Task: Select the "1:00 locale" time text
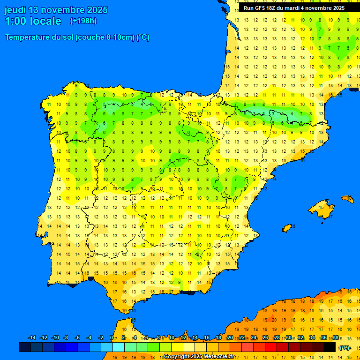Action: (x=33, y=21)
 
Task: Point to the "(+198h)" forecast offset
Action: (x=83, y=21)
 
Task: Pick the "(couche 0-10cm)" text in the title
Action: (x=105, y=37)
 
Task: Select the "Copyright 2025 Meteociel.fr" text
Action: (x=199, y=357)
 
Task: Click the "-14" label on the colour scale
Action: (x=32, y=338)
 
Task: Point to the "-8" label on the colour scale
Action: (x=66, y=338)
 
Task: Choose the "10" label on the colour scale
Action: (x=171, y=338)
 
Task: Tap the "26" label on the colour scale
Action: (x=265, y=338)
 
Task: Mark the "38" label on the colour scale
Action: (x=336, y=338)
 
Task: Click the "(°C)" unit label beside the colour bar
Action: (x=345, y=348)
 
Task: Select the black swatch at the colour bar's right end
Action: (x=330, y=347)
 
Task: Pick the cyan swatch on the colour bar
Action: (x=118, y=347)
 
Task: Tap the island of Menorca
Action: (x=348, y=199)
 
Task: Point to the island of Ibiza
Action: (x=287, y=228)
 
